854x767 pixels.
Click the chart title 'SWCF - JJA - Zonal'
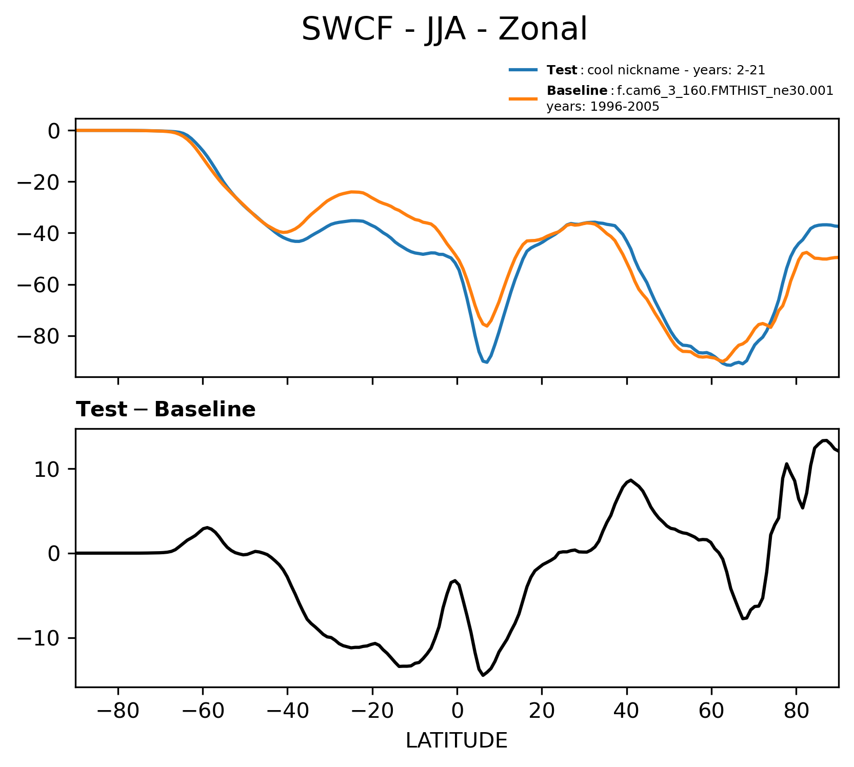pyautogui.click(x=444, y=29)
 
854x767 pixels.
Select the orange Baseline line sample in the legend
pyautogui.click(x=523, y=98)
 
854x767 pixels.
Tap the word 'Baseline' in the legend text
pyautogui.click(x=577, y=91)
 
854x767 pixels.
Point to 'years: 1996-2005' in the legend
pyautogui.click(x=603, y=107)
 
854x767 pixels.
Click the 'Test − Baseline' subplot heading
pyautogui.click(x=166, y=410)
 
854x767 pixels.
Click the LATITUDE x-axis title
pyautogui.click(x=456, y=741)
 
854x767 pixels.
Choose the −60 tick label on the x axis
pyautogui.click(x=203, y=712)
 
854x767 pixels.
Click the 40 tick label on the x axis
pyautogui.click(x=626, y=712)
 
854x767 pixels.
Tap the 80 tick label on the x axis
pyautogui.click(x=796, y=712)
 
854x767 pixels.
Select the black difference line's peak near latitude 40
pyautogui.click(x=630, y=480)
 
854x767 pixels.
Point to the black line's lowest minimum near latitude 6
pyautogui.click(x=483, y=675)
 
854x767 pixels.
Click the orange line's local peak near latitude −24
pyautogui.click(x=354, y=192)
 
